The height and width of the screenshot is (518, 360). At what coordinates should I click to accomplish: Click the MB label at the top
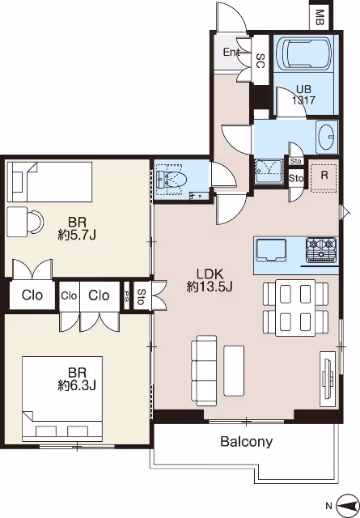coord(320,18)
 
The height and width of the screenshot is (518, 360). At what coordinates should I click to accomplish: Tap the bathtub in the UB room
coord(304,54)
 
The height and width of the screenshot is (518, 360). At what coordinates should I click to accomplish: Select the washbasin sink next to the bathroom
coord(326,137)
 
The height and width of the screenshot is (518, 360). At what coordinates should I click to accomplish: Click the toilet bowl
coord(172,180)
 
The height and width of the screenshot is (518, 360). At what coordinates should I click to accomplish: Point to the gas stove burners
coord(321,250)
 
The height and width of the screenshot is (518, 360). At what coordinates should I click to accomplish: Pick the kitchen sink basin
coord(271,249)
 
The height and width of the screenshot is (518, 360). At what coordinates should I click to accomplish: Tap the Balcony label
coord(247,442)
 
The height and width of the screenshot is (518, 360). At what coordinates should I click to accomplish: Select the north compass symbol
coord(347,505)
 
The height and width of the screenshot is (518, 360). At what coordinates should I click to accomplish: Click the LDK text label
coord(210,274)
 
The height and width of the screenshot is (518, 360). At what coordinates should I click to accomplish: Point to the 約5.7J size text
coord(77,236)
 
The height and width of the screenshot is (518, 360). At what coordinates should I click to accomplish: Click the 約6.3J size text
coord(77,385)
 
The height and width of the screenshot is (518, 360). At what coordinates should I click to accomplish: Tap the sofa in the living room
coord(204,371)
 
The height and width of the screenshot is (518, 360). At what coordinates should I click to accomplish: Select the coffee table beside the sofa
coord(234,371)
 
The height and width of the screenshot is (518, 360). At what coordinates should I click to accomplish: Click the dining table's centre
coord(295,308)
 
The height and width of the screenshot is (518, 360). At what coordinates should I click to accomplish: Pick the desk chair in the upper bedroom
coord(36,222)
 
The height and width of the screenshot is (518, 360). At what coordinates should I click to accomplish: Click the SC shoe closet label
coord(260,61)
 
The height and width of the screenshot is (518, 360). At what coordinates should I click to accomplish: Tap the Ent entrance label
coord(231,52)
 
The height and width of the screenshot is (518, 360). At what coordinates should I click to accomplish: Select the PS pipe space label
coord(126,295)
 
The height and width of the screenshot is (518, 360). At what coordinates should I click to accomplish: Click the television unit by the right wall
coord(328,379)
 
